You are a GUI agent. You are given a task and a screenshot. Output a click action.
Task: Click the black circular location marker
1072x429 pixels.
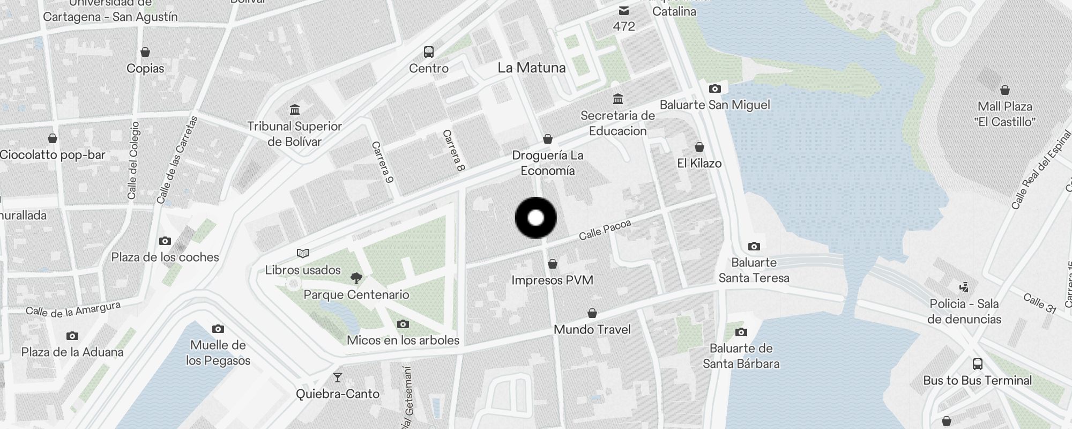pos(536,218)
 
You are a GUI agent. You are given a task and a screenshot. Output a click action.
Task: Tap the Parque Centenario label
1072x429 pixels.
pos(356,294)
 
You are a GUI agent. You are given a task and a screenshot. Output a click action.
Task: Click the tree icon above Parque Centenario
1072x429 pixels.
pos(356,278)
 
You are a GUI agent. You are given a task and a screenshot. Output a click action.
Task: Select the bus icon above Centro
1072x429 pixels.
pos(428,52)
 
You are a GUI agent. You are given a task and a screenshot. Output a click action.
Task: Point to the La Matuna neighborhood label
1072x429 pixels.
pos(531,68)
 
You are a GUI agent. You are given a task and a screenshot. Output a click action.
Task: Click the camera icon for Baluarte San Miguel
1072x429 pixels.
pos(714,88)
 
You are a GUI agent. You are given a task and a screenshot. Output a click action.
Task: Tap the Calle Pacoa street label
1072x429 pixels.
pos(605,230)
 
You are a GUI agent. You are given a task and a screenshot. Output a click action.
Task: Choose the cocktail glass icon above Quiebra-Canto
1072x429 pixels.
pos(337,378)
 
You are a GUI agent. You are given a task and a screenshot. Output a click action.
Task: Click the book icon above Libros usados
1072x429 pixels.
pos(303,253)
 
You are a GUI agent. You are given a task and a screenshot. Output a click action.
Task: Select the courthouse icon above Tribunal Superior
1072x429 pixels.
pos(294,110)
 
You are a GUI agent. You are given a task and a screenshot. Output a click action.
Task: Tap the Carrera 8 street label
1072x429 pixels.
pos(453,151)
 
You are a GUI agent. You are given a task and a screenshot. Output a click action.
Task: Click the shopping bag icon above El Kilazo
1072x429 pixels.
pos(699,147)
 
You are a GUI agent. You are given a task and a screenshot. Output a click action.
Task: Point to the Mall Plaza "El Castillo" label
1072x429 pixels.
pos(1004,114)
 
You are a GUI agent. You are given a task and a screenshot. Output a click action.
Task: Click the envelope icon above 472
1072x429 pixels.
pos(624,11)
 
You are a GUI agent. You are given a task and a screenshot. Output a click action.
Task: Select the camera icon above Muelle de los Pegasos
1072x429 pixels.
pos(218,329)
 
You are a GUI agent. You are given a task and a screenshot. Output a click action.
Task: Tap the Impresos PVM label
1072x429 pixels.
pos(552,280)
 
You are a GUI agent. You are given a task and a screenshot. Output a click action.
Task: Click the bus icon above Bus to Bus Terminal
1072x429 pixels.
pos(977,364)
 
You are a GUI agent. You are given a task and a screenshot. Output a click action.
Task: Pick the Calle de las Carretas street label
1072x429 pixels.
pos(177,160)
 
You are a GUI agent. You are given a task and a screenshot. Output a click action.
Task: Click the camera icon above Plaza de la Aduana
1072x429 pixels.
pos(72,336)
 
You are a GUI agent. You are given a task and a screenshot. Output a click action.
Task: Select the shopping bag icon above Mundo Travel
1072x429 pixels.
pos(592,313)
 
